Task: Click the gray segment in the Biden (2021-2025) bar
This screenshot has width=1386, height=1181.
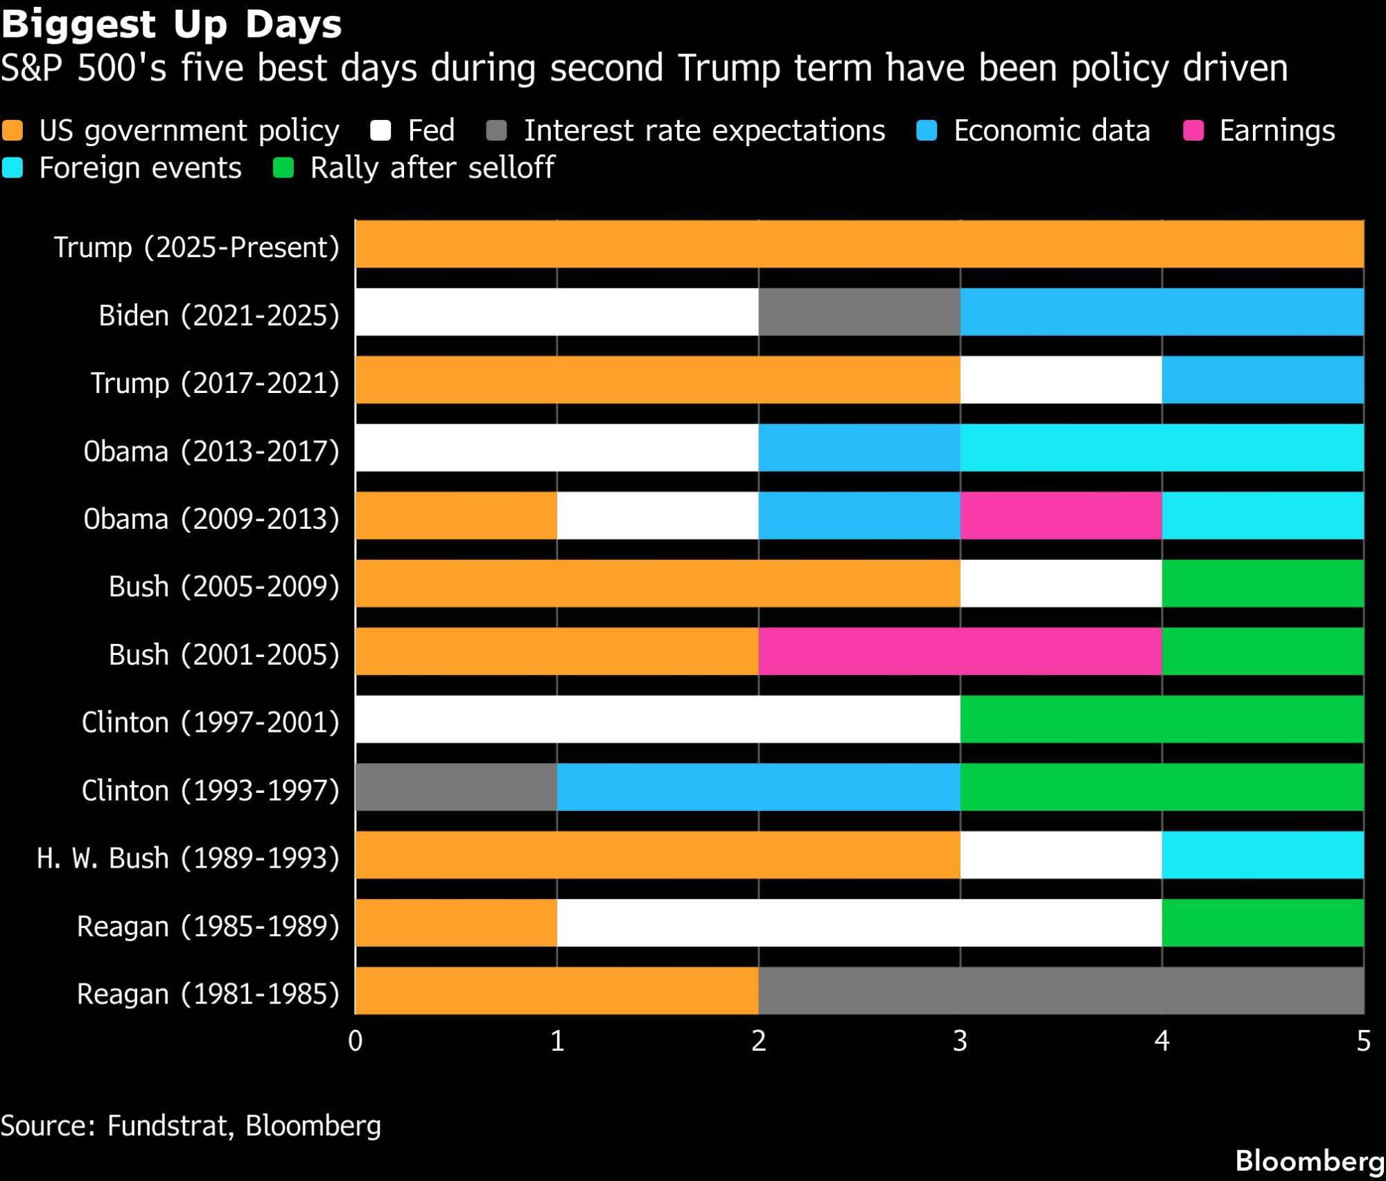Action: click(859, 312)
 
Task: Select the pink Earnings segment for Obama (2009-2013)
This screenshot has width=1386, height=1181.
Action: click(1061, 516)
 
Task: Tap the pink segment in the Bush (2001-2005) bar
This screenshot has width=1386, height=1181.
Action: click(960, 651)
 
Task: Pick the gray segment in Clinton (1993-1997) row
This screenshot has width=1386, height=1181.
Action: click(456, 787)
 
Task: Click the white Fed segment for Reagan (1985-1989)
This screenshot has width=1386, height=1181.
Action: click(859, 923)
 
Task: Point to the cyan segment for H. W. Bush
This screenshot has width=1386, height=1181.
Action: click(1263, 855)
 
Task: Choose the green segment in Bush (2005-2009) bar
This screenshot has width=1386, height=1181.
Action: click(1263, 584)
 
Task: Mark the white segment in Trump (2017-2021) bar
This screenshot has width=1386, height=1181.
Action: click(1061, 380)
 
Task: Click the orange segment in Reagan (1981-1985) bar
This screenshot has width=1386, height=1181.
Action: click(556, 991)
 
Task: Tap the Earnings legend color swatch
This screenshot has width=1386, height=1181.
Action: click(1193, 130)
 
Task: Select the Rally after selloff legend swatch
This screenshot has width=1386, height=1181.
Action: click(283, 168)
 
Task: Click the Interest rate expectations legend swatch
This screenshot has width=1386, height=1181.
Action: click(496, 130)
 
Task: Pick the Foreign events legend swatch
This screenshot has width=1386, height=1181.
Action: click(12, 168)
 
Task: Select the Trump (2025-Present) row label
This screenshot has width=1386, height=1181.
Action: click(197, 247)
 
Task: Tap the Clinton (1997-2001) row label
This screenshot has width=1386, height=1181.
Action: click(210, 722)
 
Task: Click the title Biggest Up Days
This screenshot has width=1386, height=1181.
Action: click(171, 24)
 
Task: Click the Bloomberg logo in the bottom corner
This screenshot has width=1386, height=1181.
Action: click(1309, 1161)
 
